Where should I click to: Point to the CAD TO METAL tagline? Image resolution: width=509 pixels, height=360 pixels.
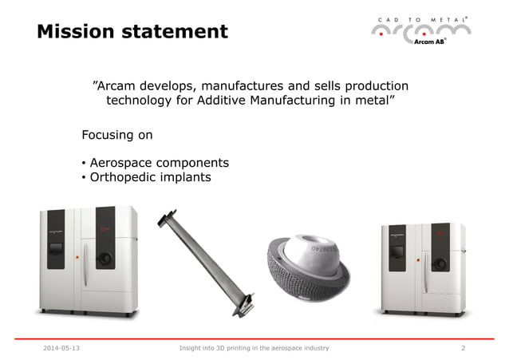coord(420,18)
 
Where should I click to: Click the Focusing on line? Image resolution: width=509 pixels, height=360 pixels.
coord(117,135)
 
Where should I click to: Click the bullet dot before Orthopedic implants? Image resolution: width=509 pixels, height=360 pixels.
coord(84,178)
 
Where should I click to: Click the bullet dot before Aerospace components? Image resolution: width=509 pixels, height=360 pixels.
coord(84,163)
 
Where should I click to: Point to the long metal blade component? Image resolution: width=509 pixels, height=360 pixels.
coord(207,259)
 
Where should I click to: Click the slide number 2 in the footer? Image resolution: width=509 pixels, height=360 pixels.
coord(464,349)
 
